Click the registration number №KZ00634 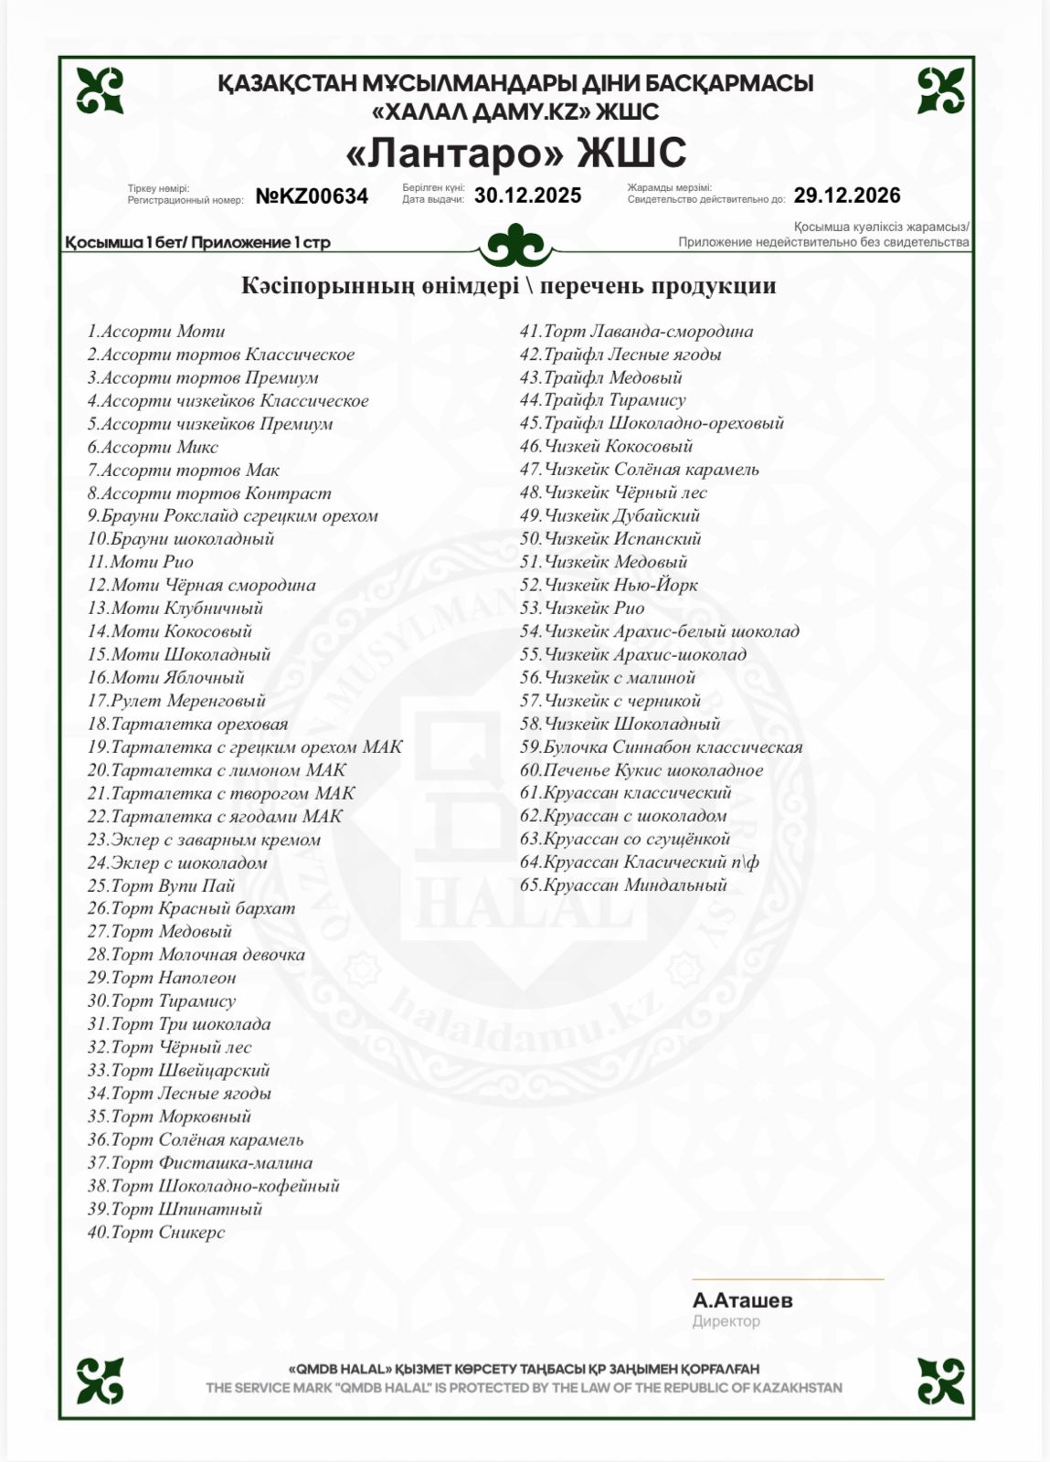click(x=312, y=196)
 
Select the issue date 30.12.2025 click(x=527, y=196)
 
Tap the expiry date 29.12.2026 click(x=846, y=196)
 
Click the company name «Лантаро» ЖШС click(x=516, y=154)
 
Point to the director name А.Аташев click(x=742, y=1300)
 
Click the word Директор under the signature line click(x=726, y=1321)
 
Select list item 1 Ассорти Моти click(x=156, y=332)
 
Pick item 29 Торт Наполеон click(x=161, y=978)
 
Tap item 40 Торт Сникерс click(x=156, y=1233)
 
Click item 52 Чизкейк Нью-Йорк click(x=609, y=586)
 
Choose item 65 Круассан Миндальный click(x=623, y=885)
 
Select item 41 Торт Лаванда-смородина click(x=636, y=332)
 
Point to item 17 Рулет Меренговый click(x=176, y=701)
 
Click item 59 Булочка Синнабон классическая click(x=661, y=747)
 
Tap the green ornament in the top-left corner click(x=100, y=90)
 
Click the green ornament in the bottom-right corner click(x=940, y=1381)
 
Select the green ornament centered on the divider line click(x=516, y=245)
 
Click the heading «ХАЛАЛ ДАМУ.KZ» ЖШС click(x=516, y=111)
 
